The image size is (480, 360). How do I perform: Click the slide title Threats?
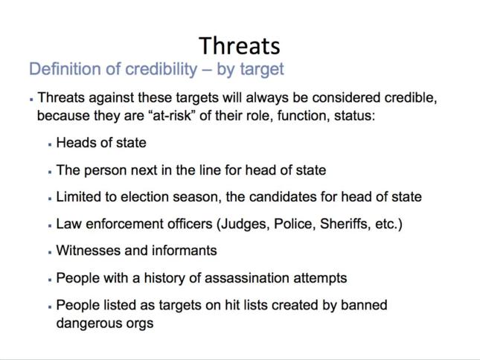click(240, 46)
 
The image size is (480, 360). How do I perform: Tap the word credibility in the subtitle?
click(161, 69)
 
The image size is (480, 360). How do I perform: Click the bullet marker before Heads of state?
click(50, 144)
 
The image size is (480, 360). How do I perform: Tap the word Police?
click(294, 224)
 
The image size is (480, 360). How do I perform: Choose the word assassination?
click(247, 278)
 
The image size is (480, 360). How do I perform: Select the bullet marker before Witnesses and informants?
click(50, 252)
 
